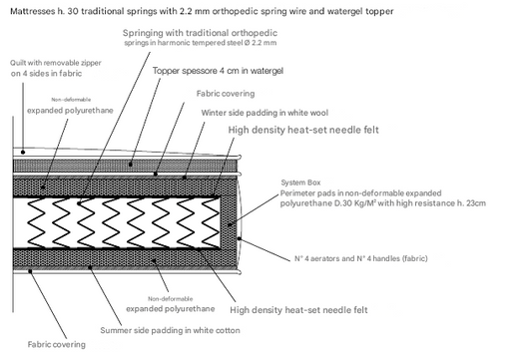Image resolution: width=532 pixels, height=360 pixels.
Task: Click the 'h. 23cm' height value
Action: pyautogui.click(x=469, y=203)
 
